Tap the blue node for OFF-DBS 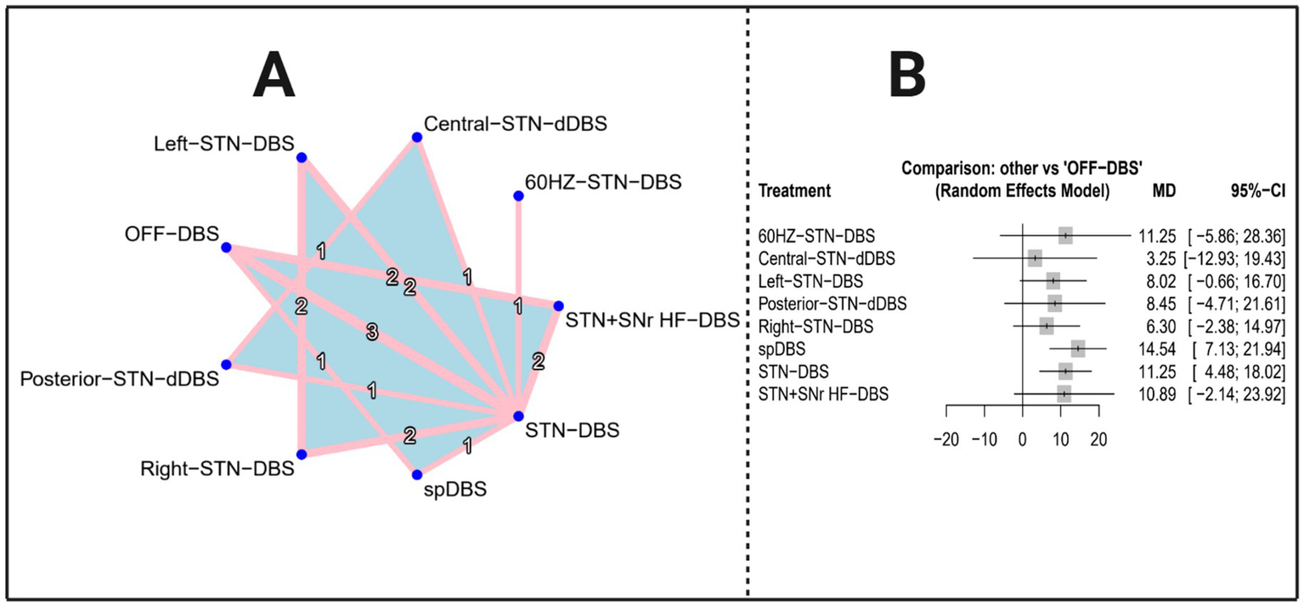[226, 247]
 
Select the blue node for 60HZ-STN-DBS [518, 196]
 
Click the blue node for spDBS [417, 474]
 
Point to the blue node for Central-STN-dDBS [417, 137]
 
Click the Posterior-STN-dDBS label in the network [120, 377]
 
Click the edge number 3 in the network [371, 332]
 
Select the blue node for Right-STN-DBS [301, 455]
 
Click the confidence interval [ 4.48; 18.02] [1238, 371]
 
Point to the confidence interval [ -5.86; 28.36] [1238, 235]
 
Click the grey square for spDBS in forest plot [1078, 348]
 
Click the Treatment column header [793, 191]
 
